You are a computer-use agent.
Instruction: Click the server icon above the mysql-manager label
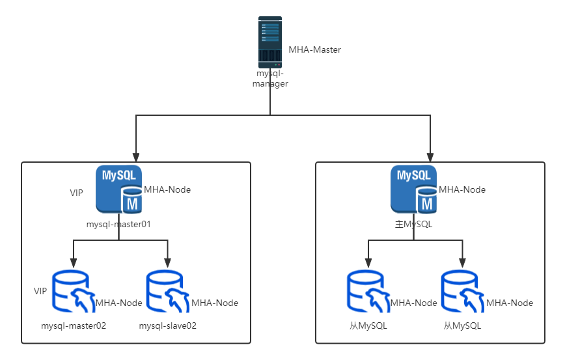coord(270,42)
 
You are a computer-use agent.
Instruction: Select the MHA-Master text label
coord(315,50)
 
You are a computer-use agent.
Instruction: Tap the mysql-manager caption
coord(270,79)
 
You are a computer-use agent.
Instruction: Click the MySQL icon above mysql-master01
coord(118,189)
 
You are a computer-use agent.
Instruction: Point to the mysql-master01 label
coord(118,225)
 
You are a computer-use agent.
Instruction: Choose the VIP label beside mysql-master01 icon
coord(76,193)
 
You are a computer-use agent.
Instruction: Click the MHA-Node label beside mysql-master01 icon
coord(167,189)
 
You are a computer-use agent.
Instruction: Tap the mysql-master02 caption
coord(74,325)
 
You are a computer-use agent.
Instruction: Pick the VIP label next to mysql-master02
coord(40,291)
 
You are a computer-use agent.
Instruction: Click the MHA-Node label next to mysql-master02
coord(119,303)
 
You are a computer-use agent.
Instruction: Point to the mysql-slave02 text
coord(168,325)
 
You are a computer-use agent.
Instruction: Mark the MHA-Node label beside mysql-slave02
coord(215,303)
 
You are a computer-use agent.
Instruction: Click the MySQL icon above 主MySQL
coord(413,189)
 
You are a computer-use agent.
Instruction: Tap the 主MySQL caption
coord(414,225)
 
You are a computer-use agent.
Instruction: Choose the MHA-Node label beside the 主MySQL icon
coord(462,189)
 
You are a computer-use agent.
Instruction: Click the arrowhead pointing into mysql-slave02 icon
coord(168,263)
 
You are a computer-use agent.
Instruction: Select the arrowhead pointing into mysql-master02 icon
coord(74,263)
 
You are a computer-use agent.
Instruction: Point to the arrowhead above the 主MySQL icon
coord(430,158)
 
